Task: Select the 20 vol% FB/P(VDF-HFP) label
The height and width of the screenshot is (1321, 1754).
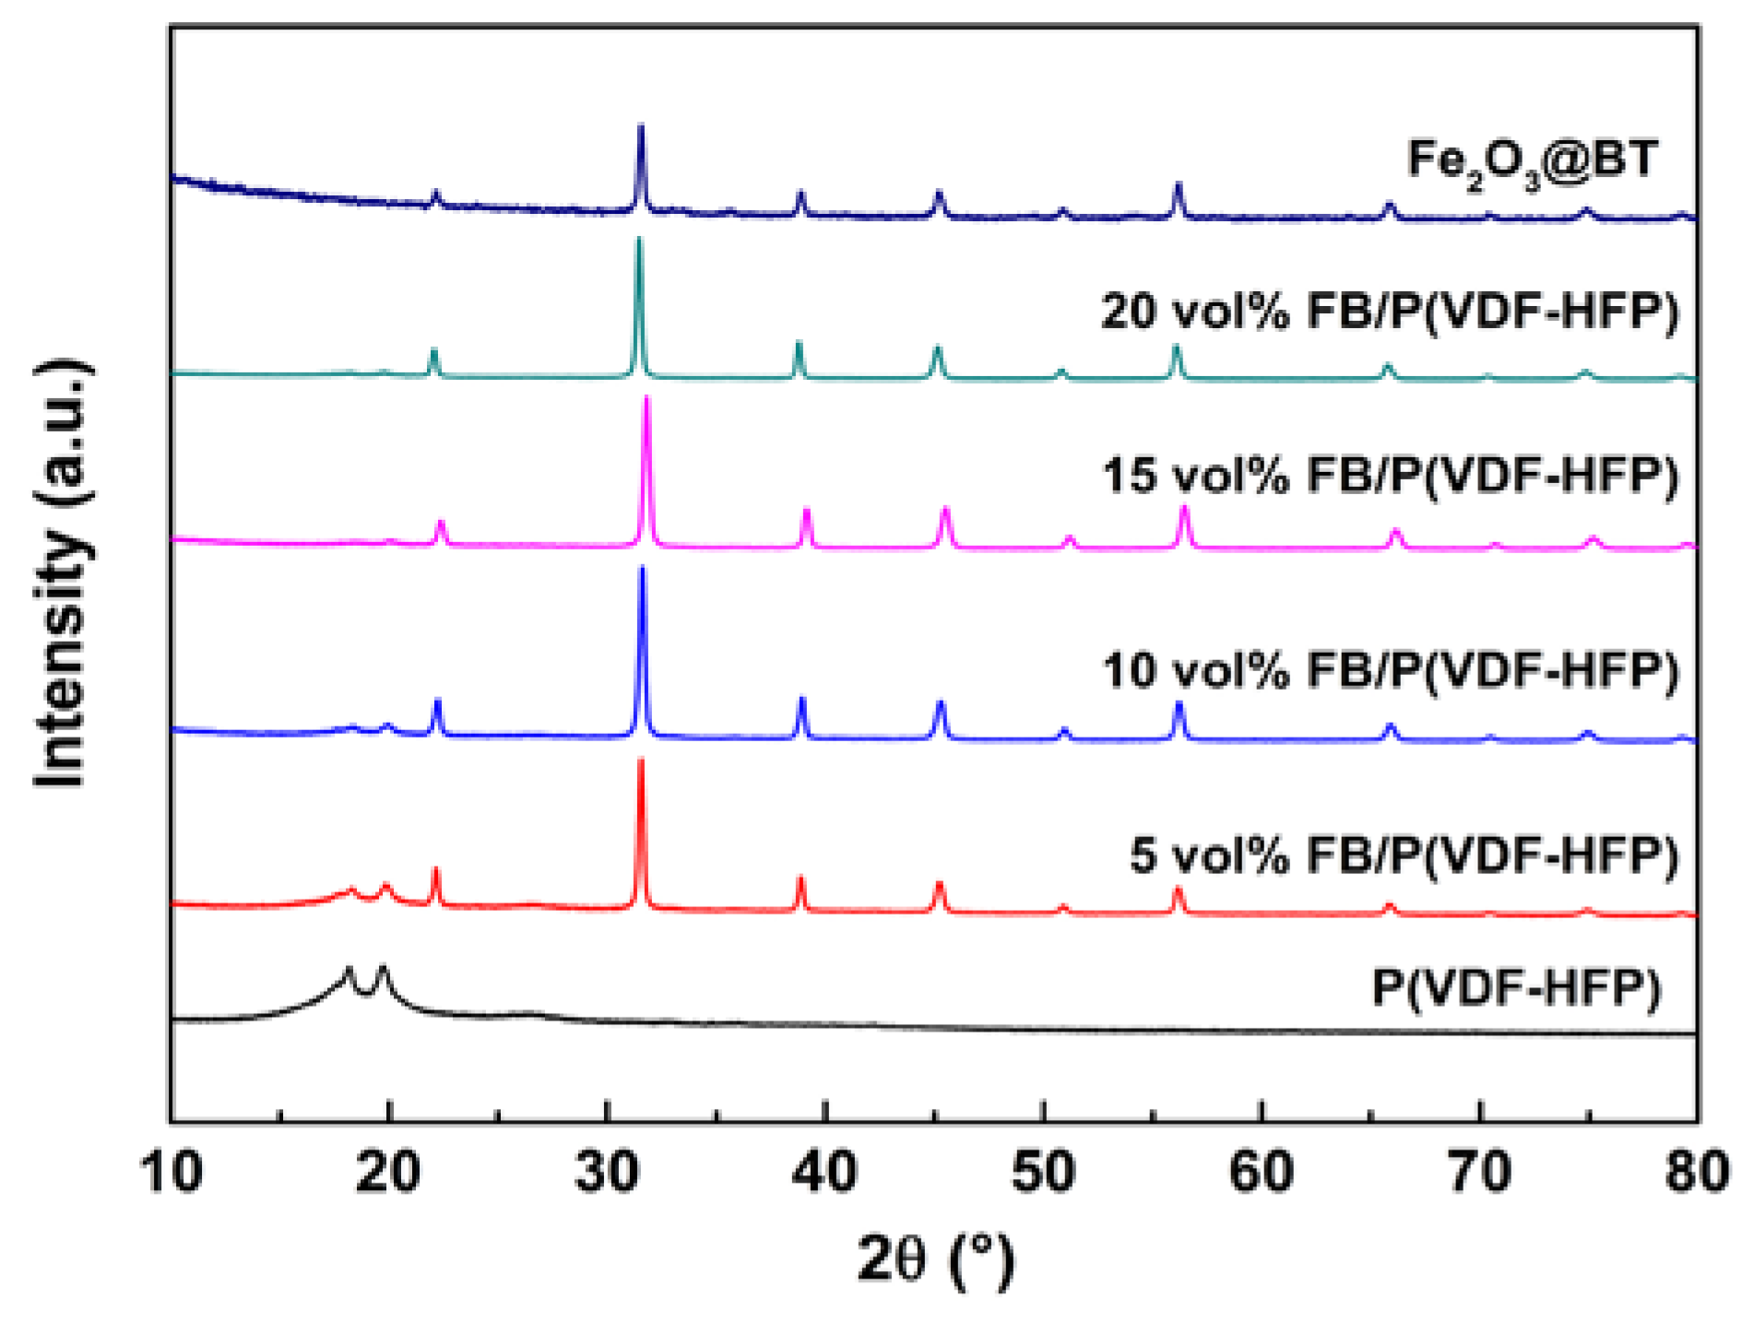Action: (x=1390, y=312)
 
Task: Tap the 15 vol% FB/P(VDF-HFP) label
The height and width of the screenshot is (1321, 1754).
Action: (x=1390, y=476)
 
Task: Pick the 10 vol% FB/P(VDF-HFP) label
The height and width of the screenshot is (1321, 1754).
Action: (x=1390, y=670)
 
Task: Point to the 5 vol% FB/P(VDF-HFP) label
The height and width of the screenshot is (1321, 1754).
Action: (x=1404, y=855)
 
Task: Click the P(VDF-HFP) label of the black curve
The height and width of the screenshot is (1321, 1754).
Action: (x=1516, y=987)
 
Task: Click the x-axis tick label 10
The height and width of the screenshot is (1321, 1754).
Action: (x=172, y=1173)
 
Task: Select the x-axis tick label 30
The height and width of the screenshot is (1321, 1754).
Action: (x=608, y=1173)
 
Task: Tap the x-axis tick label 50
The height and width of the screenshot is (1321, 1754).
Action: (x=1043, y=1173)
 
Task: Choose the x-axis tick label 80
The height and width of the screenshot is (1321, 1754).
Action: (x=1696, y=1173)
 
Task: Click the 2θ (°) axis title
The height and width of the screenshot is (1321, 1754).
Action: (x=934, y=1259)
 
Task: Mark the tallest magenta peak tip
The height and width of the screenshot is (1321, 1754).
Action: (x=647, y=398)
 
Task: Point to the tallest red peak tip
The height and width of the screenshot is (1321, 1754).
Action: (x=641, y=761)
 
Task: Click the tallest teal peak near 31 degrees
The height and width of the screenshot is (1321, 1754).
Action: (x=638, y=240)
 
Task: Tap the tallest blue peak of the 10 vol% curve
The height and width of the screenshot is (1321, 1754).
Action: (x=643, y=569)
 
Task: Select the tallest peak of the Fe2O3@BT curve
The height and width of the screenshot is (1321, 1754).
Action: (x=641, y=126)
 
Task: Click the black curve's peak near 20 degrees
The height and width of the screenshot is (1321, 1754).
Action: (x=383, y=969)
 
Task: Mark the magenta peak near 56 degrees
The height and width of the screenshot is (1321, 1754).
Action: (x=1185, y=509)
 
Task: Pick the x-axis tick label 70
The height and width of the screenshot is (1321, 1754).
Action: (x=1479, y=1173)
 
